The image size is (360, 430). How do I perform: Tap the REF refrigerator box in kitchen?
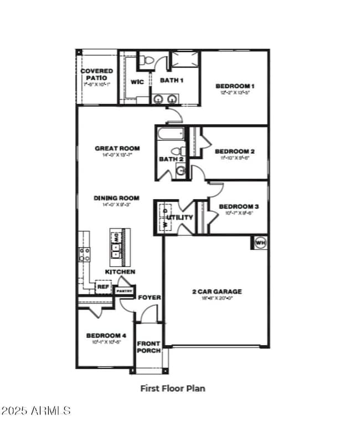pos(103,287)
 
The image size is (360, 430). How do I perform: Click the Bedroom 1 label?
pos(234,86)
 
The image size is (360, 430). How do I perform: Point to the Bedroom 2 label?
pos(234,152)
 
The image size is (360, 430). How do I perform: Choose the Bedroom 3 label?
pos(234,206)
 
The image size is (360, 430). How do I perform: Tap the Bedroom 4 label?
pos(106,335)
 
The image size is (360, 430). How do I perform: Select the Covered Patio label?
pos(97,75)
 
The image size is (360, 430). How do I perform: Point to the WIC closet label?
pos(137,82)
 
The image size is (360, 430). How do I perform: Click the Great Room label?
pos(117,148)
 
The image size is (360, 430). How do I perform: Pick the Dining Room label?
pos(116,198)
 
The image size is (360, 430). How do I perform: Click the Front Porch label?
pos(148,347)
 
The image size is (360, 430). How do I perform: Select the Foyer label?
pos(149,297)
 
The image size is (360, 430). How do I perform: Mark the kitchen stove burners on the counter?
pos(85,254)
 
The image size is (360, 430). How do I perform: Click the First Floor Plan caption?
pos(172,388)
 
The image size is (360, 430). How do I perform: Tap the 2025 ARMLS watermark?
pos(36,411)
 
